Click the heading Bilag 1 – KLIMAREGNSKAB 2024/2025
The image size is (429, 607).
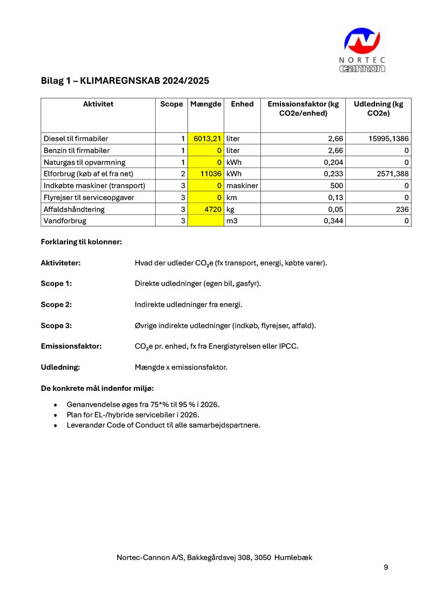click(x=125, y=81)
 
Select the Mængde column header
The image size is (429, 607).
click(x=206, y=104)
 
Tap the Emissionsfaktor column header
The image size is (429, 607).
click(x=303, y=109)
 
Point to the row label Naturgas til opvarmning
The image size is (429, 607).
click(x=85, y=162)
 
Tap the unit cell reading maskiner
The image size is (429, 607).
click(x=242, y=186)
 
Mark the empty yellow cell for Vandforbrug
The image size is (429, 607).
click(x=206, y=221)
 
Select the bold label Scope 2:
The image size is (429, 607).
click(x=56, y=304)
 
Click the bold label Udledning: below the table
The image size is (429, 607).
click(x=61, y=368)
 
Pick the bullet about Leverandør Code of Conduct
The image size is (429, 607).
click(x=163, y=425)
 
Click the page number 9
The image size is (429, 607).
click(x=386, y=567)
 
